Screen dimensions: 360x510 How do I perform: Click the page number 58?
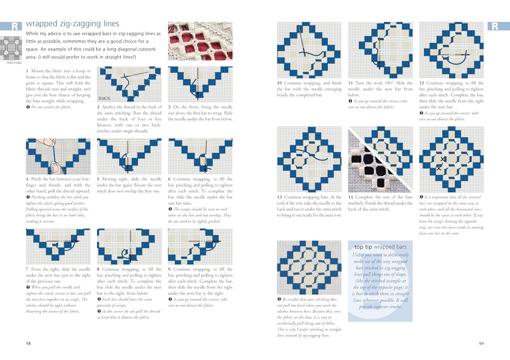[28, 343]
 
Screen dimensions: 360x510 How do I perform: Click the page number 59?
[481, 343]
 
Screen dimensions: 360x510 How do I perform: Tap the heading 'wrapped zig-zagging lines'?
[72, 23]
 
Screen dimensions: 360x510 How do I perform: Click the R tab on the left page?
[15, 26]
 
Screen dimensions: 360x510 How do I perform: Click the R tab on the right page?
[495, 26]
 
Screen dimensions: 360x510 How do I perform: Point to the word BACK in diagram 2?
[104, 98]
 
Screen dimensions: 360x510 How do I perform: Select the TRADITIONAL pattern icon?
[11, 49]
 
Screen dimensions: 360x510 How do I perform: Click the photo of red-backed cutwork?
[200, 41]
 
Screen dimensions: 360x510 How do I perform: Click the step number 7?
[27, 269]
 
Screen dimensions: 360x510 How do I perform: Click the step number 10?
[279, 83]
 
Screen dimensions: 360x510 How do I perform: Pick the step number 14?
[351, 197]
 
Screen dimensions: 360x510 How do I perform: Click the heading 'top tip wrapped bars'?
[380, 247]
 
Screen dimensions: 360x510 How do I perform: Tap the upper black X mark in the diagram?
[443, 159]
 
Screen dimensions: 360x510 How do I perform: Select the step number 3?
[169, 107]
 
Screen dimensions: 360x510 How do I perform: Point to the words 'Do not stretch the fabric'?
[51, 107]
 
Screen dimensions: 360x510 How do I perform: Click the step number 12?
[422, 83]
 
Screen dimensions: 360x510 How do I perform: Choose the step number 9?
[169, 269]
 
